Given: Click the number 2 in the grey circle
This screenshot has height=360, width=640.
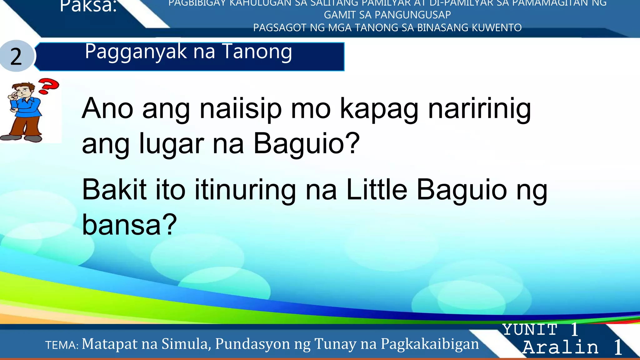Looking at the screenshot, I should [16, 57].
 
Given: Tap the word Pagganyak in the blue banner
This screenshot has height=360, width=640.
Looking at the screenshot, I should [136, 52].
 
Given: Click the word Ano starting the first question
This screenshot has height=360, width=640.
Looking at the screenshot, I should [107, 108].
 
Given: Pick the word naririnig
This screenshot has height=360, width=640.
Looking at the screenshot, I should [479, 109].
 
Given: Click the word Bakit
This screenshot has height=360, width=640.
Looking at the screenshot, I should [114, 190].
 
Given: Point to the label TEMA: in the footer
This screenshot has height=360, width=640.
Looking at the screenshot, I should [62, 345].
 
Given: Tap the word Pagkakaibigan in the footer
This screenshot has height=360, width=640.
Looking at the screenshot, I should [430, 344].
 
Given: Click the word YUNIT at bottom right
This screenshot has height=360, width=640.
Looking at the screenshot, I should [530, 330].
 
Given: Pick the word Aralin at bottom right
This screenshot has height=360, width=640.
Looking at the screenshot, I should [561, 347].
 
